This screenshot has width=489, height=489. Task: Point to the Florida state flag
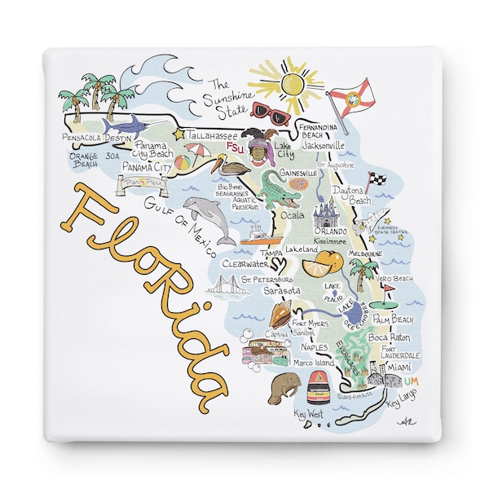[350, 95]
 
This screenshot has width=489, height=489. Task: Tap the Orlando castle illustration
[326, 218]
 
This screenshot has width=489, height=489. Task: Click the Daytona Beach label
[352, 195]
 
